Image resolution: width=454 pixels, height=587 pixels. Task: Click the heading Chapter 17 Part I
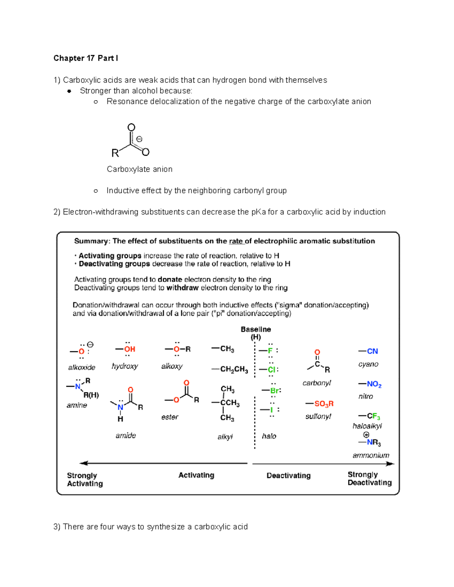click(86, 58)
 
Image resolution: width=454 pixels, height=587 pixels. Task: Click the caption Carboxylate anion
click(139, 169)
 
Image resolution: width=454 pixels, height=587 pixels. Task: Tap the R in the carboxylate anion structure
click(115, 153)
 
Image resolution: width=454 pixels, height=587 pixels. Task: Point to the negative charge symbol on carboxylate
click(139, 139)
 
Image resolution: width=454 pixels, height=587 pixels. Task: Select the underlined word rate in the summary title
click(236, 241)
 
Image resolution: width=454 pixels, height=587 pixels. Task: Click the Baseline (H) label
click(256, 333)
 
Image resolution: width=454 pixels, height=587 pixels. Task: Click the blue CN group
click(372, 351)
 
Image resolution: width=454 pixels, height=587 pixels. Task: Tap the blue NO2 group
click(374, 384)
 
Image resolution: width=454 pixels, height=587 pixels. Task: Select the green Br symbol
click(275, 390)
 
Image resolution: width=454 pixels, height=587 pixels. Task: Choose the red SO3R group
click(324, 404)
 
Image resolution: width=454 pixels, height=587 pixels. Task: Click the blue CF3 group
click(373, 416)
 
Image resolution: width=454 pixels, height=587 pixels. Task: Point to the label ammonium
click(371, 455)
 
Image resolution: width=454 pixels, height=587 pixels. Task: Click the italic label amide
click(126, 435)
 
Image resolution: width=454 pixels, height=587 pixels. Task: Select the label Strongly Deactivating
click(369, 479)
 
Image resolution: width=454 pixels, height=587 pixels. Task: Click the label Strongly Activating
click(85, 479)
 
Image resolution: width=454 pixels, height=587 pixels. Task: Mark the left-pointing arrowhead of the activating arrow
click(82, 463)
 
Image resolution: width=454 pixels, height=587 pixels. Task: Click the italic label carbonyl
click(317, 383)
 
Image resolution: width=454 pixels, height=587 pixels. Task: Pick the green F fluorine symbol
click(270, 351)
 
